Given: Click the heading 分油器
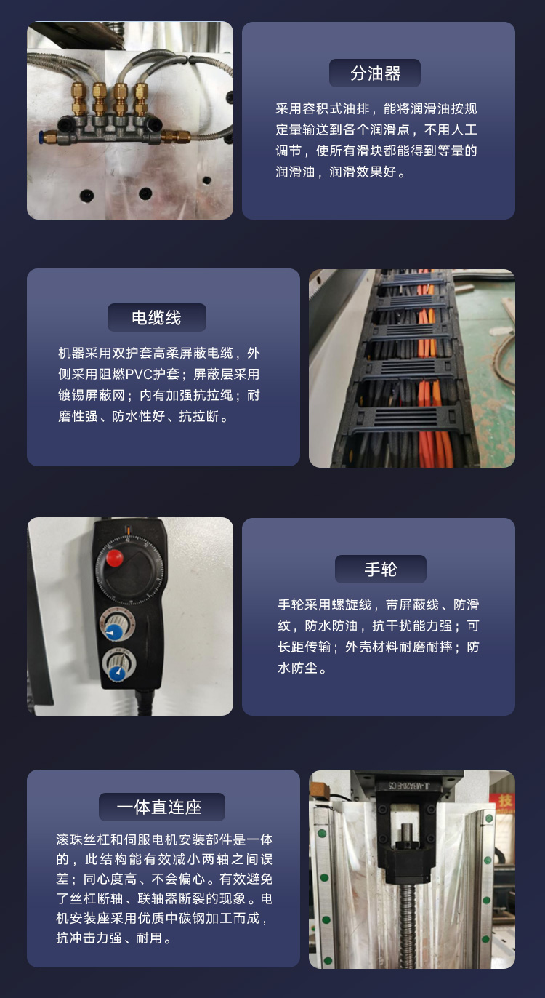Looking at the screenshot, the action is (x=376, y=73).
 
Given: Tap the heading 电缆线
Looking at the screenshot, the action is (x=156, y=318).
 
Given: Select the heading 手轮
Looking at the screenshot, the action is (x=381, y=570).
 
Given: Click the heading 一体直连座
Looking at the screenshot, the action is (x=159, y=807).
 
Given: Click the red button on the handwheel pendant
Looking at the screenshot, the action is (x=114, y=558).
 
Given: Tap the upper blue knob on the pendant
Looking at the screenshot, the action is (x=115, y=632).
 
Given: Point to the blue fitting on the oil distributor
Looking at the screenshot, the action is (x=41, y=136).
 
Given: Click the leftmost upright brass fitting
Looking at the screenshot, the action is (x=79, y=100).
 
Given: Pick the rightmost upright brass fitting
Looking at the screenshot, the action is (x=141, y=100).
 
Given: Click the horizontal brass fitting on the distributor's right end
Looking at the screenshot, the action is (x=175, y=136).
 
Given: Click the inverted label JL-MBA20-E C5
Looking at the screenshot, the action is (x=408, y=785).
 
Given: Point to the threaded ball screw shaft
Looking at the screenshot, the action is (x=407, y=924).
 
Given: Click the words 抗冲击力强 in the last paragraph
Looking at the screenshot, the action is (x=89, y=938).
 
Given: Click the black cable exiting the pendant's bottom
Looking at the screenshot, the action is (x=142, y=703).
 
